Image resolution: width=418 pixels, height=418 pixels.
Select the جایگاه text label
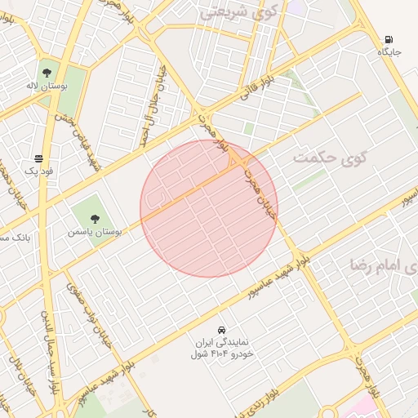pyautogui.click(x=389, y=51)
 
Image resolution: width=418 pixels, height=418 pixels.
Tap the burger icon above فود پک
pyautogui.click(x=38, y=158)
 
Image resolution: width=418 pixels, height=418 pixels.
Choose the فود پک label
pyautogui.click(x=38, y=171)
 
